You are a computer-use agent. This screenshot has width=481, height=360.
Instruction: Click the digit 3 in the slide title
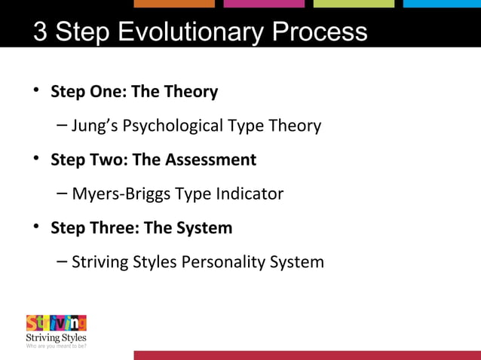[41, 32]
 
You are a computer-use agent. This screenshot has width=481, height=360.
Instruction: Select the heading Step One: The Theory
[134, 92]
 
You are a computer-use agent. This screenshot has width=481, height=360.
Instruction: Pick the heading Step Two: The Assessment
[153, 160]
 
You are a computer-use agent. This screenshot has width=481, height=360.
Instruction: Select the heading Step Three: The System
[141, 227]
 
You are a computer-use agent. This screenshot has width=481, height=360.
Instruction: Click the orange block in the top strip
[174, 4]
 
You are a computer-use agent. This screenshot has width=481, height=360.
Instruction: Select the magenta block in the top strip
[264, 4]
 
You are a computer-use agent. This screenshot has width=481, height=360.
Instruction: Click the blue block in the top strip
[442, 4]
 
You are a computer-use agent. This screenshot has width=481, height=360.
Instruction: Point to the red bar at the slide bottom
[307, 355]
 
